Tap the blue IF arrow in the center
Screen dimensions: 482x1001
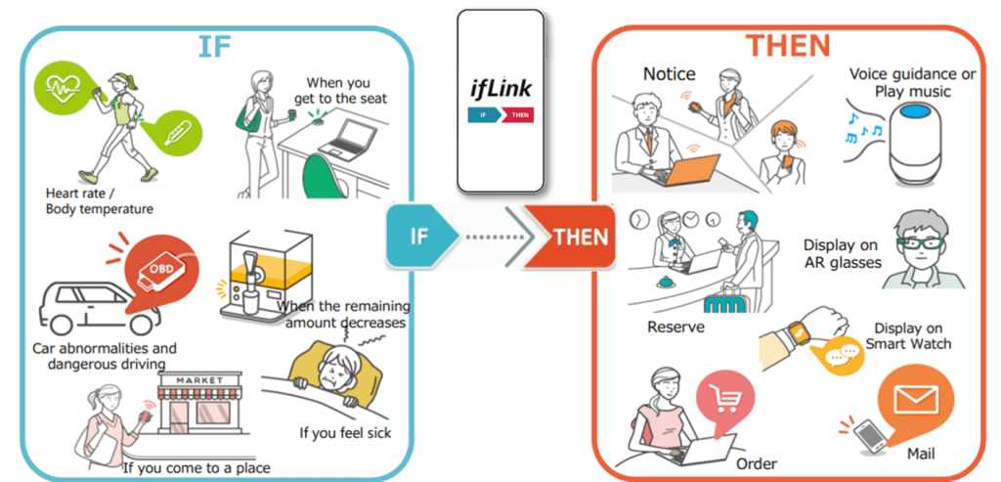[x=419, y=237]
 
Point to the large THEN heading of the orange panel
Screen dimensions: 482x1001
[x=788, y=45]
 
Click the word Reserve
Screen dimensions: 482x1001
[x=675, y=327]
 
